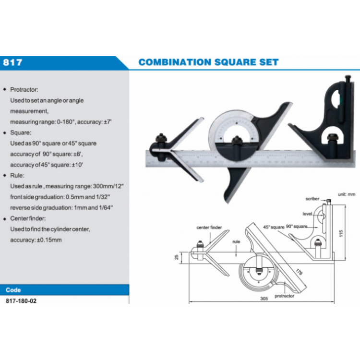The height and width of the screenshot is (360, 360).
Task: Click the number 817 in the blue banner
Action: click(12, 62)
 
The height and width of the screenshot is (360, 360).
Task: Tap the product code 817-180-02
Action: click(21, 301)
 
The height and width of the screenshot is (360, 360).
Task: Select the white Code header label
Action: click(13, 290)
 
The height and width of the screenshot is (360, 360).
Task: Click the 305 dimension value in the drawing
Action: click(264, 299)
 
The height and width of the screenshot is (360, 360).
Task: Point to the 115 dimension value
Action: click(341, 233)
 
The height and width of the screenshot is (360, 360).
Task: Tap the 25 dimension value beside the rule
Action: click(177, 257)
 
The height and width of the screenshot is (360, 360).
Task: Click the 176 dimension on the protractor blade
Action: click(299, 272)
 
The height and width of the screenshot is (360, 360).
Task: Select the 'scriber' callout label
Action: click(312, 199)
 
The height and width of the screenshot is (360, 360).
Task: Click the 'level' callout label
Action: click(307, 214)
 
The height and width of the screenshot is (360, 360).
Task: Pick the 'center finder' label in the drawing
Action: click(209, 228)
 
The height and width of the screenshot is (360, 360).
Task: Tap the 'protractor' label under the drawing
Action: click(284, 296)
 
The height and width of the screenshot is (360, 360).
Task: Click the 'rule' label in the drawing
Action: click(236, 241)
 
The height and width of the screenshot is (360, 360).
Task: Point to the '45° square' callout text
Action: click(274, 227)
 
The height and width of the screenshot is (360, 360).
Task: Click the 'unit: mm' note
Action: click(347, 194)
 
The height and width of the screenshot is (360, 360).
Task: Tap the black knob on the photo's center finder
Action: click(161, 138)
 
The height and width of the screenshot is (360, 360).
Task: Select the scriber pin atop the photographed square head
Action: click(348, 80)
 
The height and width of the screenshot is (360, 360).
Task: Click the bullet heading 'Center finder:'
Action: click(28, 218)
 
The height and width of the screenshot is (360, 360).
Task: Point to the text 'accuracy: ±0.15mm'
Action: click(36, 240)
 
